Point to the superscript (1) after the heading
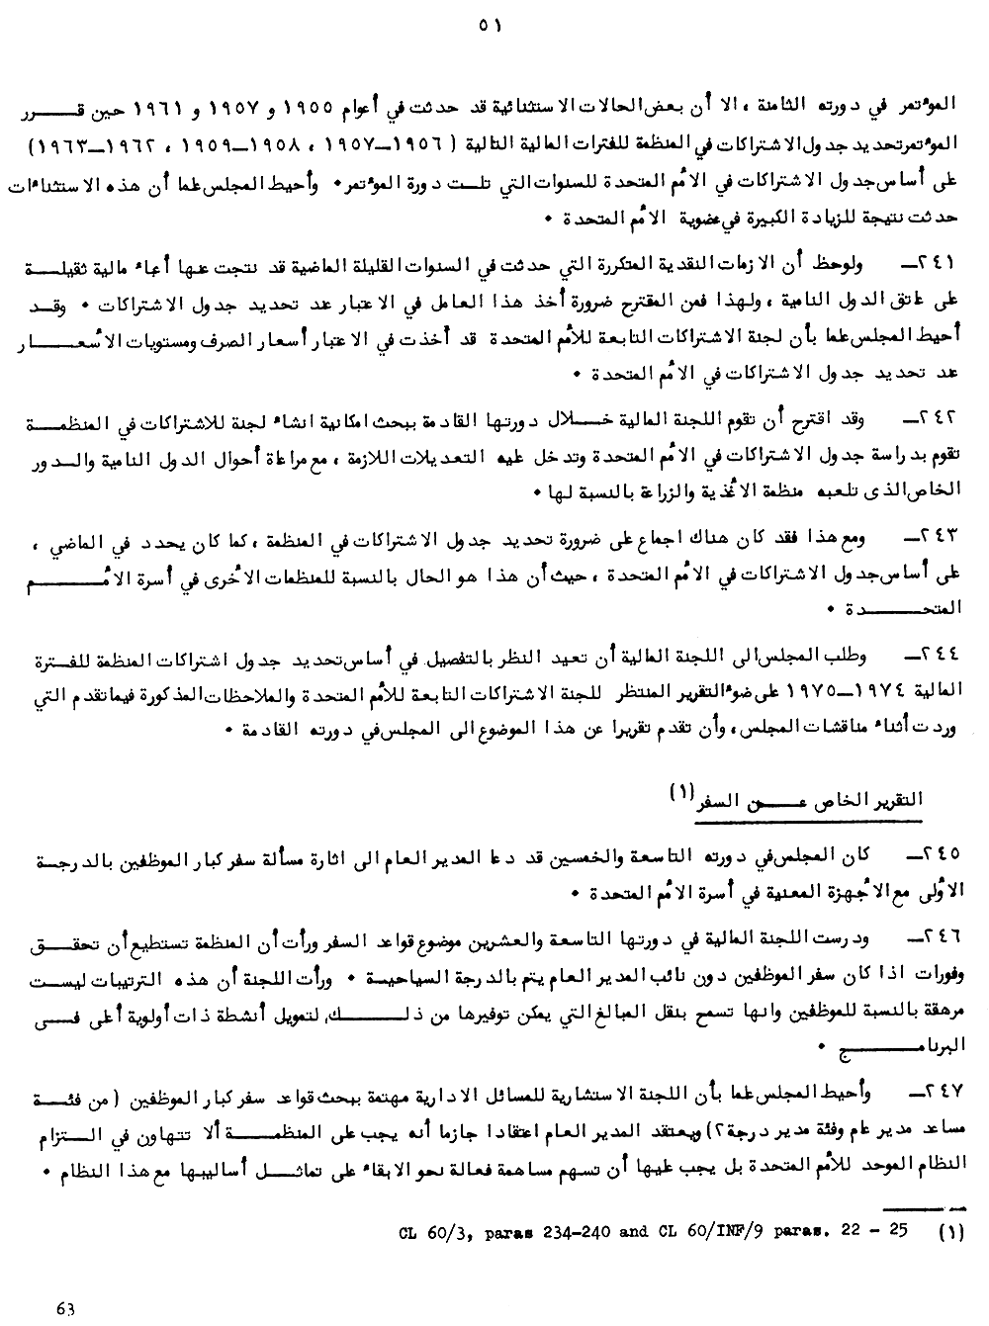[682, 791]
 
